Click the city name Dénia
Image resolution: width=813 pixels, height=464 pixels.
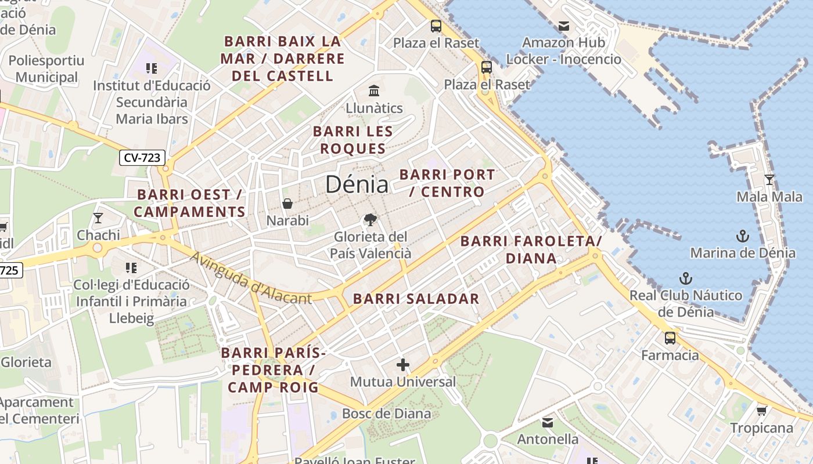pos(357,184)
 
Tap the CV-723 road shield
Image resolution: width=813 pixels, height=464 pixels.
pos(143,157)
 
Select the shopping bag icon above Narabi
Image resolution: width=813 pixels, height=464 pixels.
pos(287,204)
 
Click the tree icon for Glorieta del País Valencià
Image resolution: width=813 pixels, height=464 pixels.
pos(370,220)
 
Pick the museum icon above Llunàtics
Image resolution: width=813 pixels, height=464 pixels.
pos(374,91)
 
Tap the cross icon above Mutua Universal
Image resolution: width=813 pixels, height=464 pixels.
pos(403,365)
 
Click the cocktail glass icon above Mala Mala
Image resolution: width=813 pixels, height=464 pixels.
pos(769,180)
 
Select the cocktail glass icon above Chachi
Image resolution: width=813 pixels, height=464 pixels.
pos(98,218)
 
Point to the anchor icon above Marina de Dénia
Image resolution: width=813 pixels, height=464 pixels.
pos(743,235)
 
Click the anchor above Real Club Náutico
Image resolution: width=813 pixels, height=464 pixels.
pos(686,278)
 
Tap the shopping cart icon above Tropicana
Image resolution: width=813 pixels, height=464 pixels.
pos(761,411)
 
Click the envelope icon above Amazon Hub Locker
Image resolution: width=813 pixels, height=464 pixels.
pos(563,26)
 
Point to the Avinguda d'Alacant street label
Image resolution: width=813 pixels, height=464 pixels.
pos(251,278)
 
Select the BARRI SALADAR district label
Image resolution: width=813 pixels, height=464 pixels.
pos(416,299)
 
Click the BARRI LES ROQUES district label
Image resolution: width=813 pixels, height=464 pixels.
pos(353,140)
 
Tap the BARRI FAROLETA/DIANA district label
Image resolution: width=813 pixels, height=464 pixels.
pos(531,249)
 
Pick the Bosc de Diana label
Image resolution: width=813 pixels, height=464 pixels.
pos(387,414)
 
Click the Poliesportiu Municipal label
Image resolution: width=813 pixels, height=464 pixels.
pos(46,68)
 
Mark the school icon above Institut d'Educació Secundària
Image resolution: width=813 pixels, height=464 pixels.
pos(152,68)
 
